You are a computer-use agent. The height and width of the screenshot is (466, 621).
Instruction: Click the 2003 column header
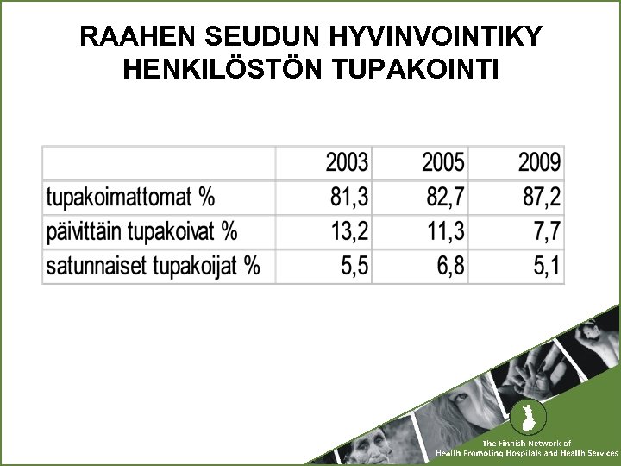(347, 162)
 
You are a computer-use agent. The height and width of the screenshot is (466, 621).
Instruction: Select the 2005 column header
(442, 162)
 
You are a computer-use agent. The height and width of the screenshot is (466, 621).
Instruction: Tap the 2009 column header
(539, 162)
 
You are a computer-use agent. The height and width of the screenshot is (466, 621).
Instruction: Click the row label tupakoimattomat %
(130, 198)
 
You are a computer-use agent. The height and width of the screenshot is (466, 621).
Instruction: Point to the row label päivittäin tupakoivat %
(141, 231)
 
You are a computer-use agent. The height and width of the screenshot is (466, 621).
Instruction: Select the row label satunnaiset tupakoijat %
(153, 266)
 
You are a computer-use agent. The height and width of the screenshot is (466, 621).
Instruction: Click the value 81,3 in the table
(349, 198)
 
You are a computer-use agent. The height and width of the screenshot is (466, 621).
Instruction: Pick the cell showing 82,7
(445, 198)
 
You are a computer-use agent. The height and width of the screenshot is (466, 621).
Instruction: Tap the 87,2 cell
(542, 198)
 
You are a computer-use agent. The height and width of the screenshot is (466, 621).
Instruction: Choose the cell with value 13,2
(349, 231)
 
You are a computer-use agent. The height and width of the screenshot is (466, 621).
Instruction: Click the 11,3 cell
(445, 231)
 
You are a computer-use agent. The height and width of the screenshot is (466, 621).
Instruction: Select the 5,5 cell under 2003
(354, 266)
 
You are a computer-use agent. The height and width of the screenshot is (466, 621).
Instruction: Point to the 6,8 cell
(450, 266)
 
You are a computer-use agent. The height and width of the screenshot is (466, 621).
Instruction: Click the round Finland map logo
(523, 419)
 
